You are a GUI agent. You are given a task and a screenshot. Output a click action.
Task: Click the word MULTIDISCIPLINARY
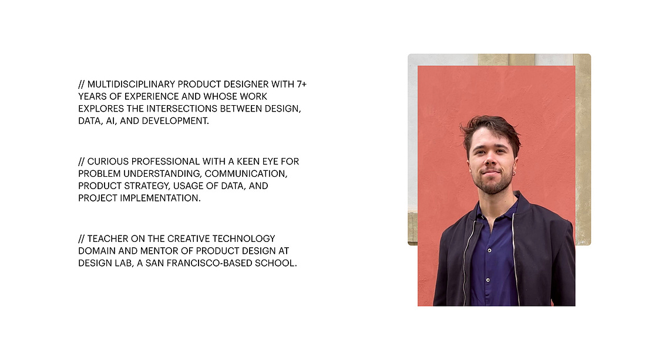(x=131, y=84)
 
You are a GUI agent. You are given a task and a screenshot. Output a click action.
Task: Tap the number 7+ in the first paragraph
(x=302, y=84)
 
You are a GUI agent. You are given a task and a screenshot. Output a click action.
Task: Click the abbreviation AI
(x=110, y=121)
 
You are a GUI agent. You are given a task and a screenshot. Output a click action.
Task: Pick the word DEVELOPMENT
(x=176, y=121)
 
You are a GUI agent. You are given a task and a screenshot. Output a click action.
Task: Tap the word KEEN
(x=248, y=162)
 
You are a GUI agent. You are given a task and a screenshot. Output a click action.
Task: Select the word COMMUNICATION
(x=246, y=174)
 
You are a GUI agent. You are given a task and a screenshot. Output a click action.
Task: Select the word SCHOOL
(x=275, y=263)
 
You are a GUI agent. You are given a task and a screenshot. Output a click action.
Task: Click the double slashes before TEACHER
(x=81, y=238)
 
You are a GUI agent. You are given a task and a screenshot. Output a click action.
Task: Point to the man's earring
(x=515, y=173)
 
